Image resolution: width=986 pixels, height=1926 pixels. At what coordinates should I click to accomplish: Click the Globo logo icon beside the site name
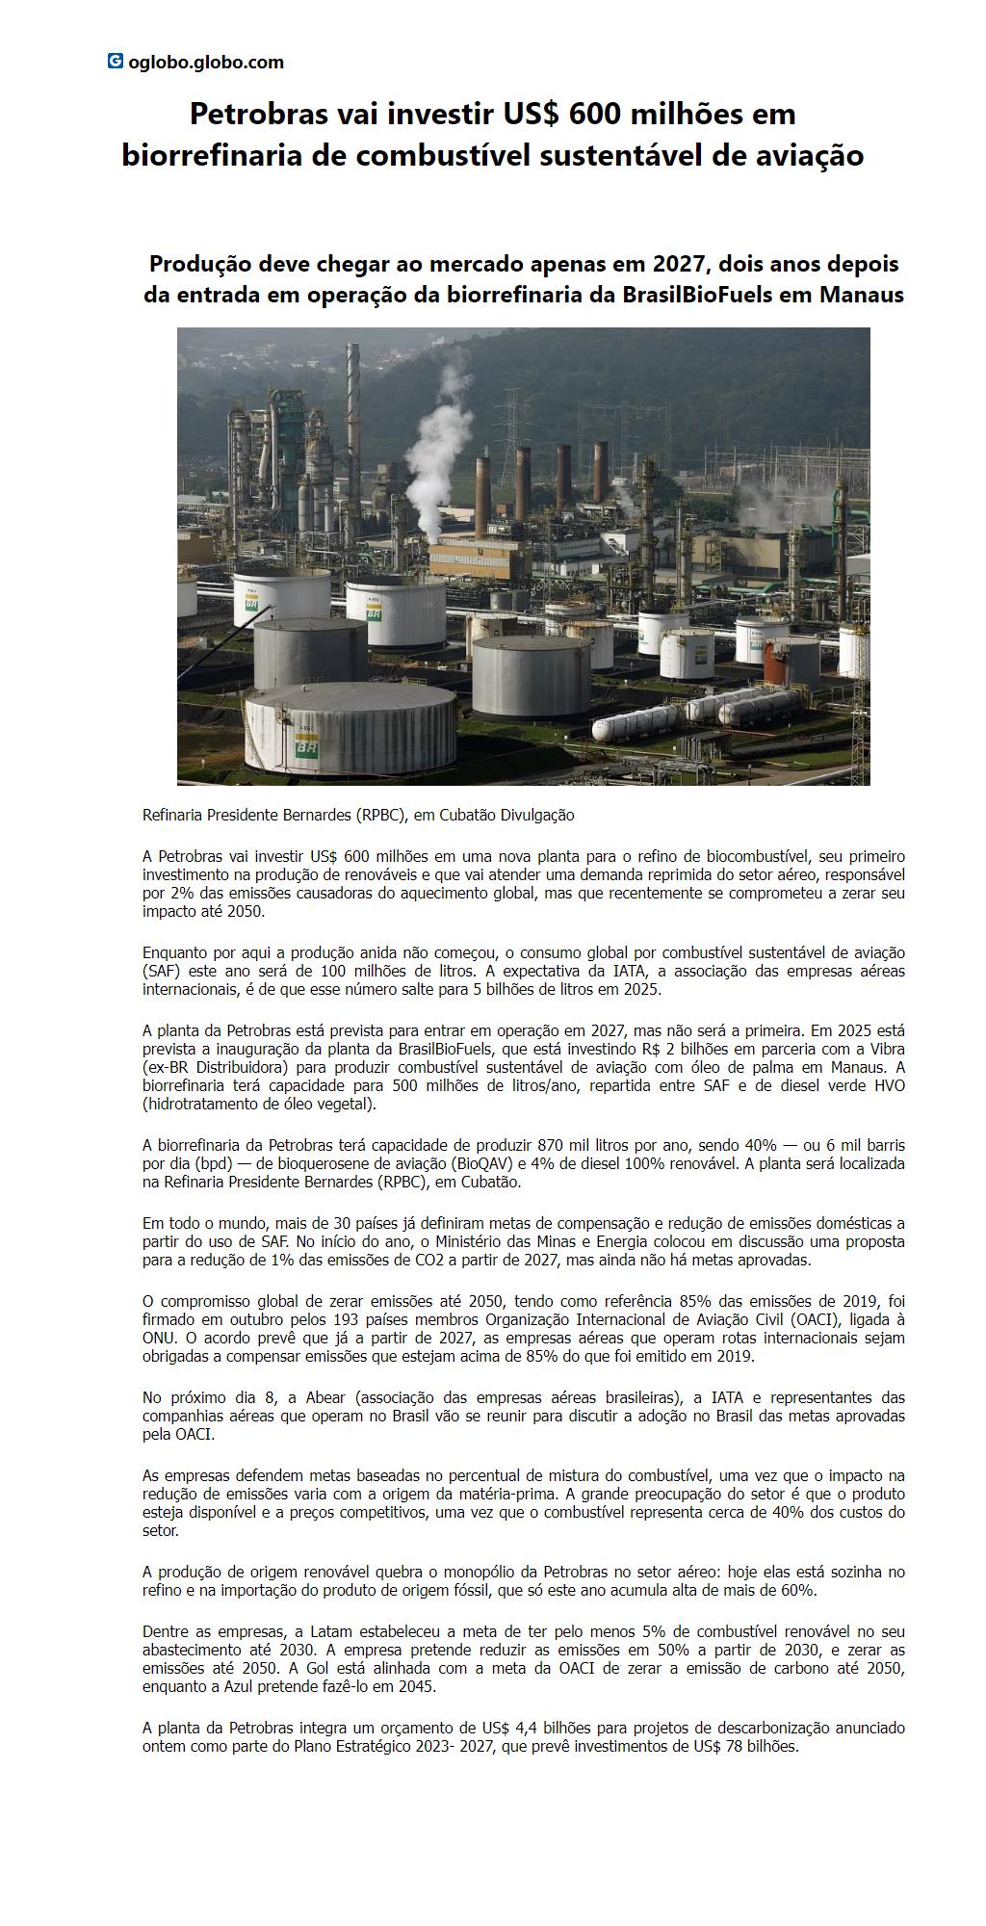[115, 62]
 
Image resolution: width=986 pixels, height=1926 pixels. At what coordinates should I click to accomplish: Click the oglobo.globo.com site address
[206, 63]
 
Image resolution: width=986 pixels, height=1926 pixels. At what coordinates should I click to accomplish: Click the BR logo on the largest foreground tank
[307, 745]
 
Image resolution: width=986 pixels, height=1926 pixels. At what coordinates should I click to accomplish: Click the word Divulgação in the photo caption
[534, 816]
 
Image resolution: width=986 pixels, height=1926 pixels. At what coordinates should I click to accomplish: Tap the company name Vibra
[887, 1049]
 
